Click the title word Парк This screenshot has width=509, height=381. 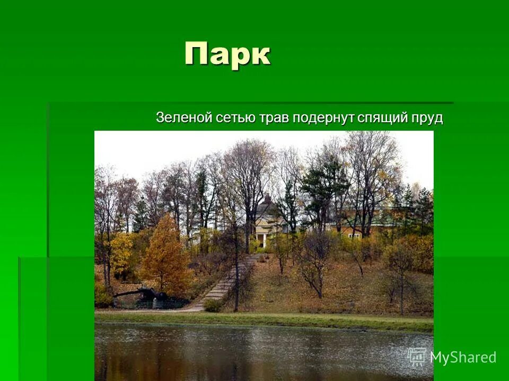click(227, 54)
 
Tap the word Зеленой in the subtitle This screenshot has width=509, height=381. click(184, 117)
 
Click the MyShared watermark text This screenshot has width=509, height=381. click(463, 357)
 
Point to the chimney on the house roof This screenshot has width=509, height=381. click(268, 198)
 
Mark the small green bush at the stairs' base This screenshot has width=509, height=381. click(212, 305)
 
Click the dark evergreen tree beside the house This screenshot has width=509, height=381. click(322, 185)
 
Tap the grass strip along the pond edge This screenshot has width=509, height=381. click(265, 319)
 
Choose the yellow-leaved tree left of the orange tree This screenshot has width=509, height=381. click(121, 254)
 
